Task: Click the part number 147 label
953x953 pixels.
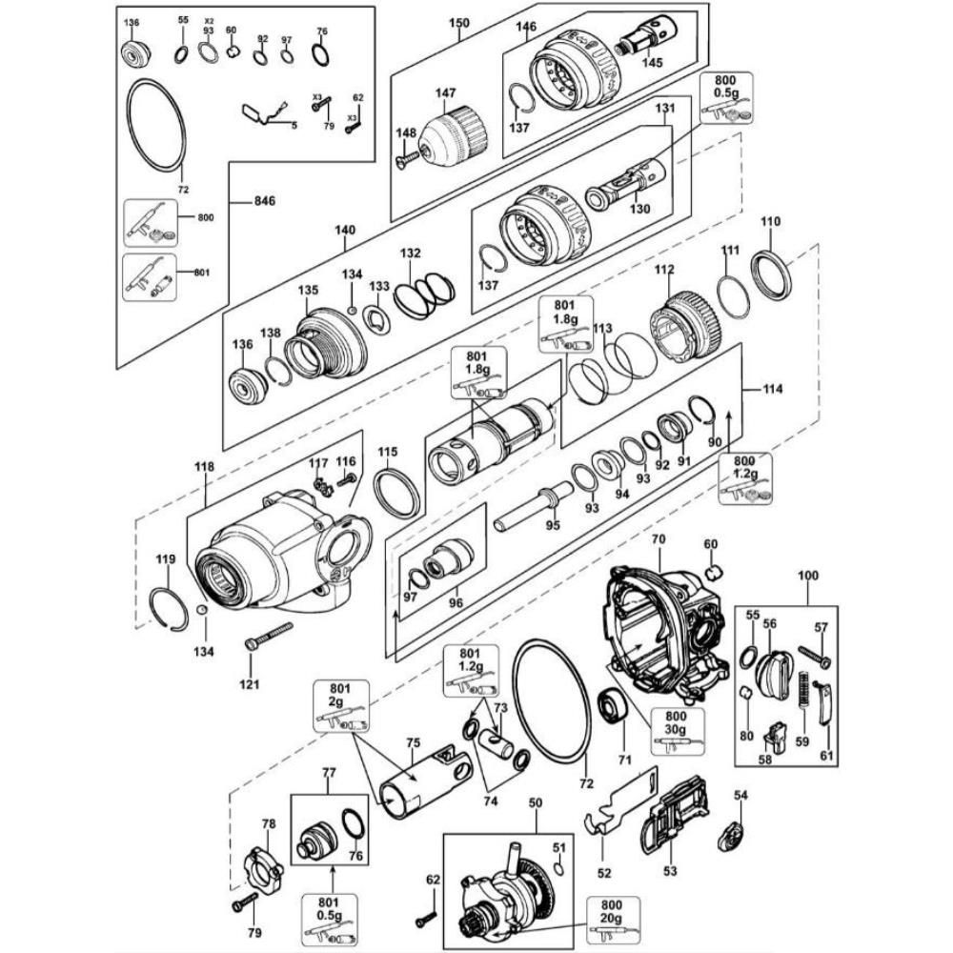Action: point(445,93)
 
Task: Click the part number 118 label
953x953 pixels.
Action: point(204,467)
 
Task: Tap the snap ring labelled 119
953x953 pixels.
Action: point(169,610)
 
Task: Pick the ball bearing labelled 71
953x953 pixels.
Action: point(613,705)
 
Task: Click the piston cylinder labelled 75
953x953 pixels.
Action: point(425,780)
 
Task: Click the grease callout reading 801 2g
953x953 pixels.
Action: point(340,706)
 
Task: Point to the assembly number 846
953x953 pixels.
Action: point(264,200)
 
